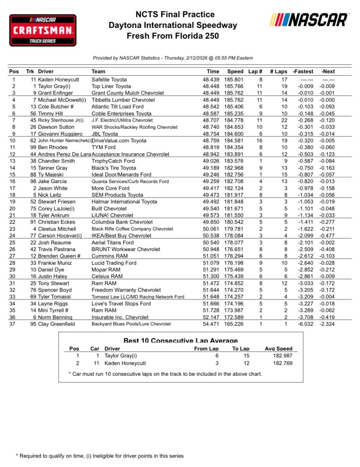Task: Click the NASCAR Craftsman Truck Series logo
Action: point(43,30)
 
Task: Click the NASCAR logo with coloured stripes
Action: point(309,20)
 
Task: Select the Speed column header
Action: point(235,71)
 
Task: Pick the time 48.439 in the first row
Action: point(211,79)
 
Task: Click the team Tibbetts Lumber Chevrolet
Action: point(120,100)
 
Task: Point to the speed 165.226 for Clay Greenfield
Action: point(235,324)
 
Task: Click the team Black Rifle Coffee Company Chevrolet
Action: point(132,229)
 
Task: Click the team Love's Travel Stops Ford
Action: point(121,304)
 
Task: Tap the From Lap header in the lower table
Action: point(206,348)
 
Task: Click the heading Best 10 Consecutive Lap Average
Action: point(181,341)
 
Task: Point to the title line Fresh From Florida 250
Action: point(173,36)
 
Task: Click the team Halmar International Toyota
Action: point(124,202)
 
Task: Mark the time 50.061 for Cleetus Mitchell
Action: point(211,229)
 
